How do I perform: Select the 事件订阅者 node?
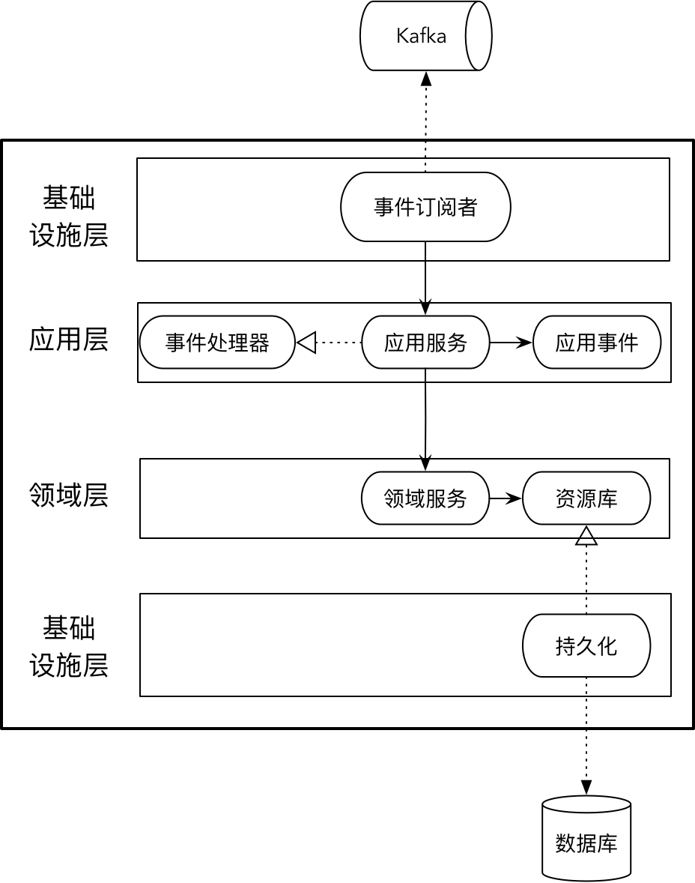coord(425,207)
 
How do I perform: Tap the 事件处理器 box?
coord(217,343)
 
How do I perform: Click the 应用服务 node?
coord(425,343)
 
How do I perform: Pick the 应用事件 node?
coord(596,343)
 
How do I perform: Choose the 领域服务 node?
coord(425,498)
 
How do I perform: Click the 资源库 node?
coord(586,498)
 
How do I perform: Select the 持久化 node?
coord(586,645)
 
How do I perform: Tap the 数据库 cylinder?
coord(586,843)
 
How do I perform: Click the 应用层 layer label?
coord(68,340)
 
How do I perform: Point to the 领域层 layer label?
coord(68,495)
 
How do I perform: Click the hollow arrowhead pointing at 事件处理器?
coord(306,343)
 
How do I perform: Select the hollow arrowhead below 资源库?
coord(586,535)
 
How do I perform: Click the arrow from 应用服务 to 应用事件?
coord(511,343)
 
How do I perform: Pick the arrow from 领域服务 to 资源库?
coord(506,498)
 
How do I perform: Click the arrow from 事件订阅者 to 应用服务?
coord(425,277)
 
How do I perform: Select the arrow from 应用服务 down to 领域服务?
coord(425,420)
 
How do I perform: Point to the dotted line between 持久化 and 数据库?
coord(586,735)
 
